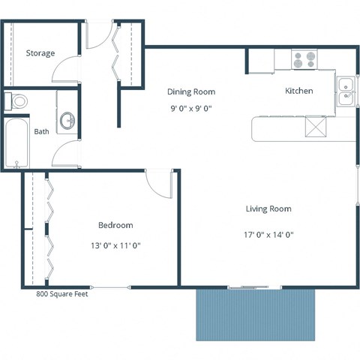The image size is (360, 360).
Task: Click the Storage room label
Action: tap(40, 53)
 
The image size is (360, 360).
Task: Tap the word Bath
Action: tap(41, 132)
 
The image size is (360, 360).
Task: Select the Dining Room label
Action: tap(190, 91)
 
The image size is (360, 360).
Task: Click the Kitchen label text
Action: tap(298, 91)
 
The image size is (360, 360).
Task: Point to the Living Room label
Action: tap(268, 208)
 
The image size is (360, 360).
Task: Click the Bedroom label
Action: tap(115, 225)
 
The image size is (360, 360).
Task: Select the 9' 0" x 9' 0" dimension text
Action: tap(190, 107)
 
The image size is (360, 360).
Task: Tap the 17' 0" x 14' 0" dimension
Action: tap(268, 234)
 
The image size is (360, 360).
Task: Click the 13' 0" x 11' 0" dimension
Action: tap(115, 245)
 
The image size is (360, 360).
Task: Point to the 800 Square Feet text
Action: tap(62, 294)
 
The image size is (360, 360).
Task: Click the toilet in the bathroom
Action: tap(16, 100)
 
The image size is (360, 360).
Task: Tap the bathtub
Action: tap(15, 143)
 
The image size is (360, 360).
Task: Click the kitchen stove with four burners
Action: tap(304, 58)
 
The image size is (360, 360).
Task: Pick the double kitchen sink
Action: tap(346, 89)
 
